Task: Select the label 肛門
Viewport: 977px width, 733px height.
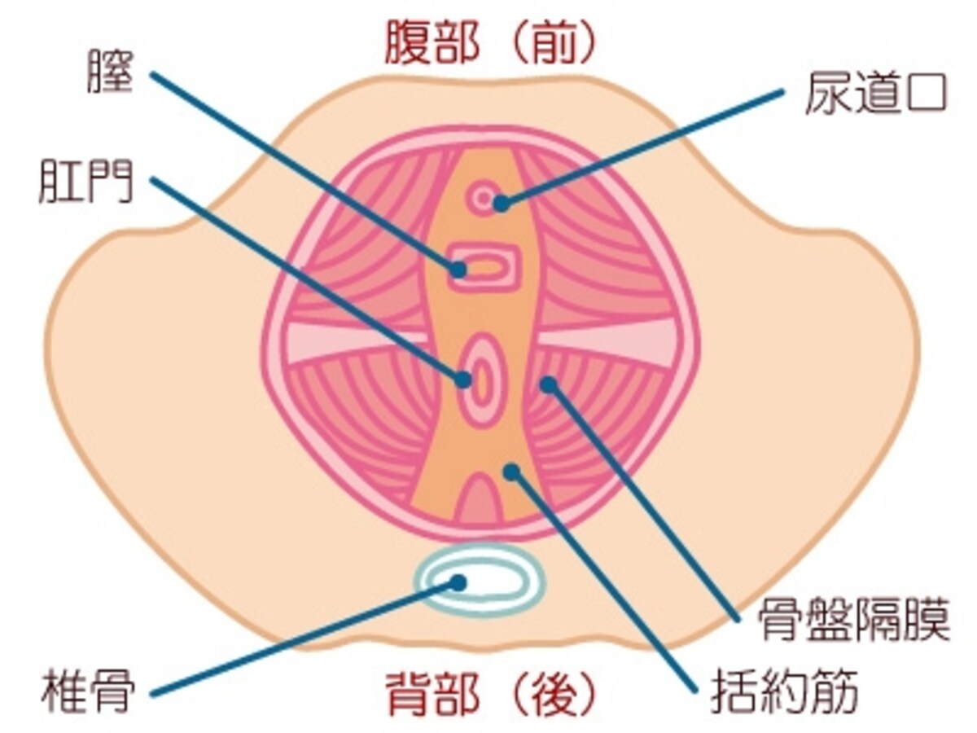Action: click(x=86, y=182)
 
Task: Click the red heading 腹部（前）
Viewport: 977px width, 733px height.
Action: click(x=488, y=43)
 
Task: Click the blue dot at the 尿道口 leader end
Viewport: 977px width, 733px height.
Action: click(x=502, y=204)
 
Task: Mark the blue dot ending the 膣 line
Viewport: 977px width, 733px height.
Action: click(x=458, y=270)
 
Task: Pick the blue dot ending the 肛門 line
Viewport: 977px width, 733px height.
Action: click(x=463, y=380)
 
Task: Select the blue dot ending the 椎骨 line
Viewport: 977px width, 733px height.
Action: click(x=458, y=582)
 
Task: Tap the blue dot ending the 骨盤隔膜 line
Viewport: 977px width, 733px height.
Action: click(x=549, y=384)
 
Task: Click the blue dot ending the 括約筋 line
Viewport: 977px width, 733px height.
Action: click(x=512, y=472)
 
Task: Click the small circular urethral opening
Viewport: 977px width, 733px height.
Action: click(x=483, y=197)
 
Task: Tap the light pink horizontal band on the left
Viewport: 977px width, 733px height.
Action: click(x=356, y=343)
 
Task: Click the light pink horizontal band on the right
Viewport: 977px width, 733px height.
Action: click(x=607, y=343)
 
